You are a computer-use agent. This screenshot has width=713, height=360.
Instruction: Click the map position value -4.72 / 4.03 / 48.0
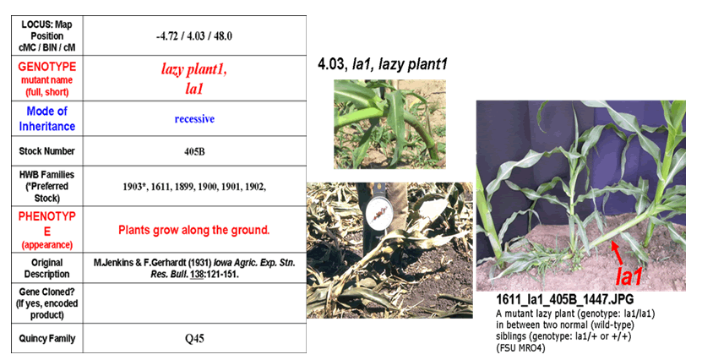pos(194,36)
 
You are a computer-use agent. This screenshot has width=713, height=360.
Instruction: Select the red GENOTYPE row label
pos(46,67)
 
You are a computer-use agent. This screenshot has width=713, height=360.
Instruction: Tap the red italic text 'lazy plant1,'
pos(194,69)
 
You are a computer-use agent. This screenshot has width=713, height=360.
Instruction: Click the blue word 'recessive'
pos(194,119)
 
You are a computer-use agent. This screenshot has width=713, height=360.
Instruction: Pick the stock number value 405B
pos(194,151)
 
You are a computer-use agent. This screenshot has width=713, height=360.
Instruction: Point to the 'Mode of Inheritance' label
pos(46,118)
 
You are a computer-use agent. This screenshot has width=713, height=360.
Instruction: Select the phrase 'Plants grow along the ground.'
pos(194,230)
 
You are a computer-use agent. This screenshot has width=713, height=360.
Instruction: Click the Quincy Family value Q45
pos(194,339)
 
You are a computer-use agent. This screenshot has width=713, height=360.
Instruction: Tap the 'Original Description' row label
pos(46,269)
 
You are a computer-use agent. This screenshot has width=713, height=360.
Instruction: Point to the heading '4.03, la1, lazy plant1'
pos(383,63)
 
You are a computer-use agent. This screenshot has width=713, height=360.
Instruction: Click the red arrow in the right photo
pos(620,254)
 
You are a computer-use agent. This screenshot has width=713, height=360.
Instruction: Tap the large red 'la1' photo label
pos(629,276)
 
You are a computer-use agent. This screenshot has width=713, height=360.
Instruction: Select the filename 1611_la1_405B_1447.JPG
pos(564,299)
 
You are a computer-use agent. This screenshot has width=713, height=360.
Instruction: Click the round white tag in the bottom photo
pos(378,214)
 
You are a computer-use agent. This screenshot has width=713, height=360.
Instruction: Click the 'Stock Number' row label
pos(46,151)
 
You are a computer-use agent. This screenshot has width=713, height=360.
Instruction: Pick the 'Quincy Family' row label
pos(46,339)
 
